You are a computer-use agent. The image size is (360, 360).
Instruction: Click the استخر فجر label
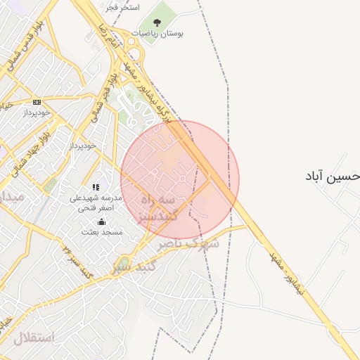click(122, 7)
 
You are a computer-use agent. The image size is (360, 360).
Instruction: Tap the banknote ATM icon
click(37, 102)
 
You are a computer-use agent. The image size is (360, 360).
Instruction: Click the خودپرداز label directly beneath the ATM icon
click(37, 112)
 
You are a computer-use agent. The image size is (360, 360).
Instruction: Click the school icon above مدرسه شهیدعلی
click(96, 187)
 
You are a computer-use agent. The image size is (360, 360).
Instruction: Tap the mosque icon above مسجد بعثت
click(101, 221)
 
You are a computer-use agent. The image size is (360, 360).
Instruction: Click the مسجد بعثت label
click(101, 231)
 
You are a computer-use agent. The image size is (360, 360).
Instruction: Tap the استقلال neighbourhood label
click(32, 337)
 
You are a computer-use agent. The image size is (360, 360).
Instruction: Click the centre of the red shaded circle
click(180, 180)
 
